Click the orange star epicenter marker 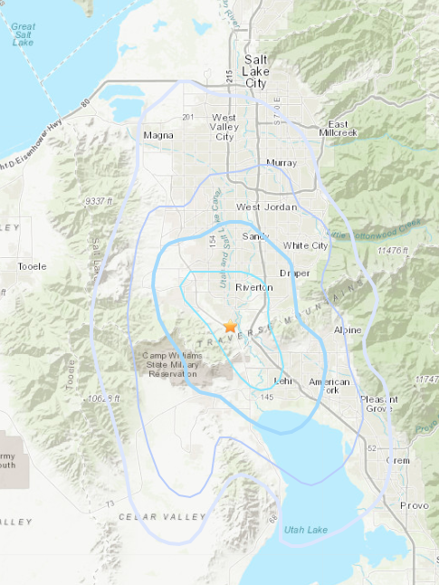pos(230,325)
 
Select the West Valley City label pos(223,127)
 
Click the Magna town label pos(158,136)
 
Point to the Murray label pos(275,163)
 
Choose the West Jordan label pos(262,207)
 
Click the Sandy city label pos(256,236)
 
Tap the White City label pos(305,245)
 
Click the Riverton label pos(253,287)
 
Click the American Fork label pos(329,387)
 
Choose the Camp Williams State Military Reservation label pos(170,364)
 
